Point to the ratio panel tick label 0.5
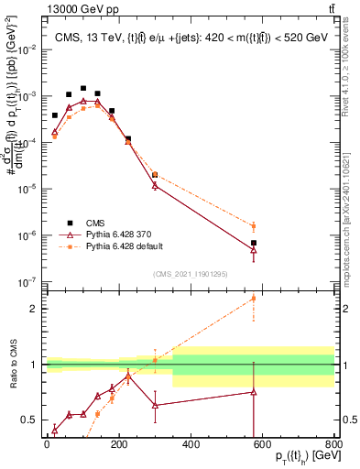[30, 420]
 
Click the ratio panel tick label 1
[33, 365]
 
